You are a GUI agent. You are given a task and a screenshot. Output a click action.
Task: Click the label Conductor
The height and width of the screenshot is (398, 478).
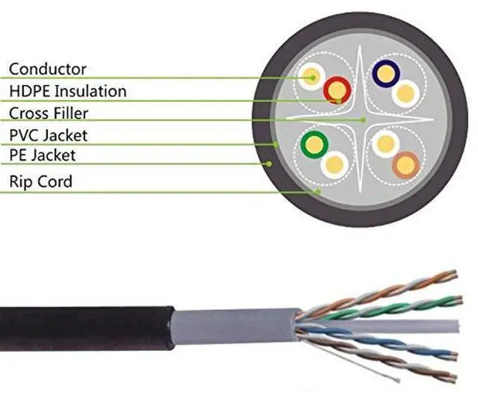coord(47,69)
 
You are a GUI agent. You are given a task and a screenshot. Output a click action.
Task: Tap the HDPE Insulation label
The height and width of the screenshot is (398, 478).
coord(67,91)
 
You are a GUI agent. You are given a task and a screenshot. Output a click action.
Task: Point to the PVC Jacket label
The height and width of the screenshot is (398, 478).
coord(48,135)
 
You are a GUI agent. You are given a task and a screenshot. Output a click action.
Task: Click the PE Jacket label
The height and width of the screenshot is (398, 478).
coord(42,155)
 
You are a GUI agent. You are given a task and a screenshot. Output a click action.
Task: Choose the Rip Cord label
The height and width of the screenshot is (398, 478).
coord(40,181)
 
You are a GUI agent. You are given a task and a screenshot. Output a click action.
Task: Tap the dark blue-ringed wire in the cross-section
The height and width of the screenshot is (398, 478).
coord(386,72)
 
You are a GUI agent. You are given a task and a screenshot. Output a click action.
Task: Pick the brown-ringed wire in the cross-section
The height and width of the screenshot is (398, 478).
coord(406,164)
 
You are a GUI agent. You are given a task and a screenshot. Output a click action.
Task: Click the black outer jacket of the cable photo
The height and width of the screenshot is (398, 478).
coord(82,327)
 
